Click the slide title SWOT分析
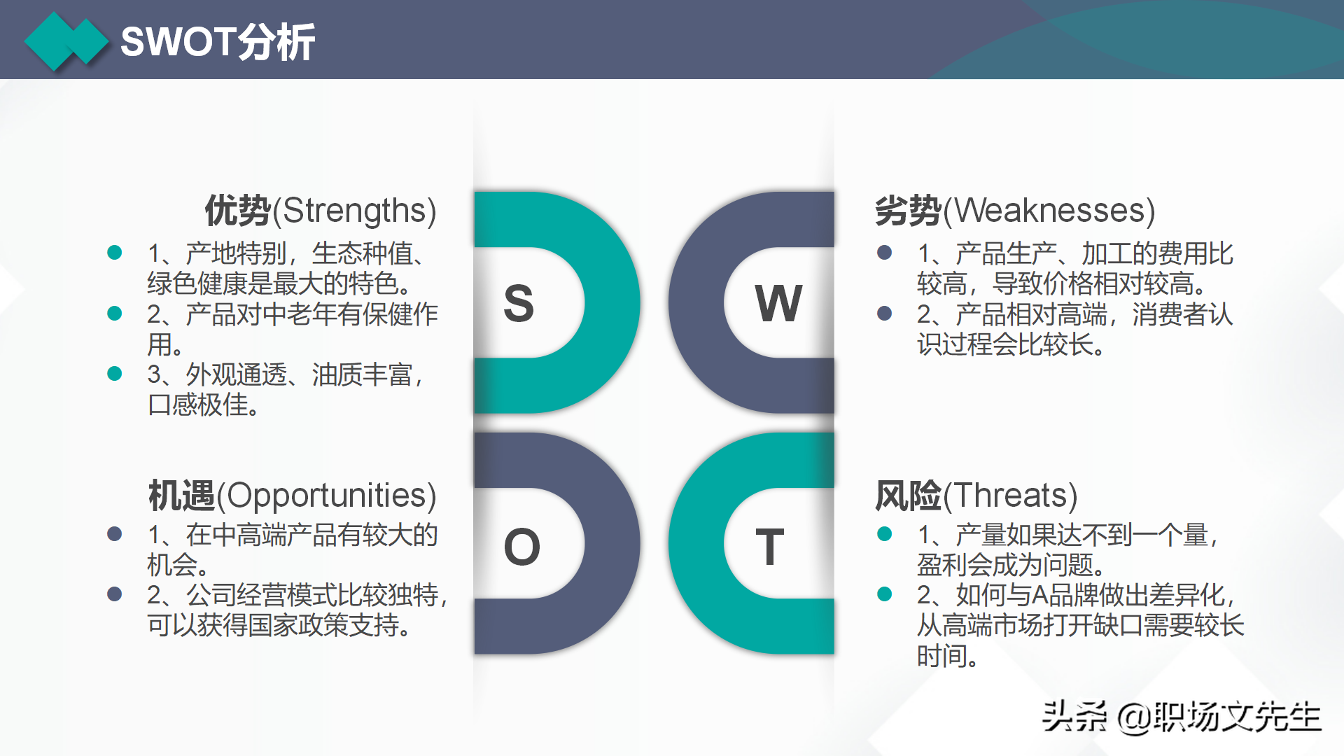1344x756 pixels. click(x=218, y=42)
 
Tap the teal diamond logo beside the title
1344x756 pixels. click(x=66, y=41)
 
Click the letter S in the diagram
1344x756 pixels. click(x=519, y=304)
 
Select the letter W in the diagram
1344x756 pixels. click(x=778, y=304)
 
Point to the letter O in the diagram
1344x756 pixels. click(x=522, y=547)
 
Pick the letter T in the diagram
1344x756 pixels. click(x=770, y=547)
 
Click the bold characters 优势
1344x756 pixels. click(x=237, y=211)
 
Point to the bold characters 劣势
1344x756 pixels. click(x=908, y=211)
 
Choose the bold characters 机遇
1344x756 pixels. click(x=181, y=496)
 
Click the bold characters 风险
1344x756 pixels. click(x=908, y=496)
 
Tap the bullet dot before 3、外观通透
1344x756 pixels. click(x=115, y=374)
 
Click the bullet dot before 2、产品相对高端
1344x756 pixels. click(x=884, y=314)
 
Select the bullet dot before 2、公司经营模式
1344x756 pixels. click(x=115, y=594)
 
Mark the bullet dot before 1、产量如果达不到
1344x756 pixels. click(x=884, y=534)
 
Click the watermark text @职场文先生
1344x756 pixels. click(x=1219, y=717)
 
